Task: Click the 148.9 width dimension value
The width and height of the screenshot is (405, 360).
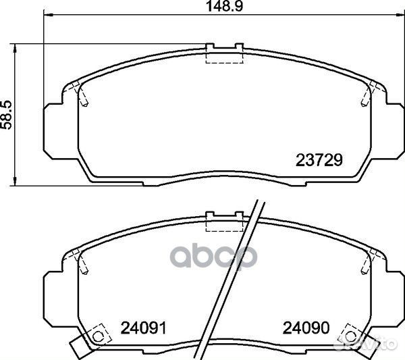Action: [225, 6]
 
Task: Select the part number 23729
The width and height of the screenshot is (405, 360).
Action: [319, 160]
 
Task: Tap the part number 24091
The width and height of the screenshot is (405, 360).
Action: [144, 328]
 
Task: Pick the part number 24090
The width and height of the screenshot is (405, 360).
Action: [306, 328]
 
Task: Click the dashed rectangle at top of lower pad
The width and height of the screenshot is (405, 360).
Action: [224, 225]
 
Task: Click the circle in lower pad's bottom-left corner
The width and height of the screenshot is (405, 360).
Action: [97, 337]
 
